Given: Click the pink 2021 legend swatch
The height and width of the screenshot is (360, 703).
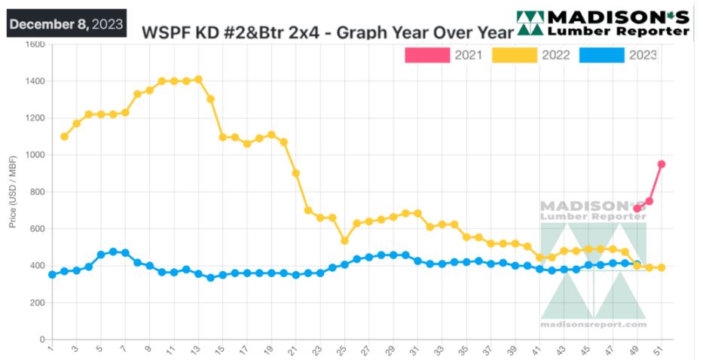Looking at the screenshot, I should pyautogui.click(x=426, y=54).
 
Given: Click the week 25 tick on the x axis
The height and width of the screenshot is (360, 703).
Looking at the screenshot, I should pyautogui.click(x=344, y=349).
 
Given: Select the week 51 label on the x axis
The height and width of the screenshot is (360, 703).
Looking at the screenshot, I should pyautogui.click(x=661, y=349).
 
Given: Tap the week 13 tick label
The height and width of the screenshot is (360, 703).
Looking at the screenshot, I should pyautogui.click(x=197, y=349).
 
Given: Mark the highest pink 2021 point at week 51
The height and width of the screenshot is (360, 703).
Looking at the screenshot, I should pyautogui.click(x=662, y=164).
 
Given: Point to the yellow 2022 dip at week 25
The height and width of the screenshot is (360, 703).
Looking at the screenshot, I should pyautogui.click(x=344, y=241).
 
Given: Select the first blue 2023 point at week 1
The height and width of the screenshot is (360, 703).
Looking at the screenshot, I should pyautogui.click(x=52, y=275).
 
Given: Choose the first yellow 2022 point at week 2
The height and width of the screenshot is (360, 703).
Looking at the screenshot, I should pyautogui.click(x=64, y=136).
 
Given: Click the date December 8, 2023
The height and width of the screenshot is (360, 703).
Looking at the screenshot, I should pyautogui.click(x=66, y=24).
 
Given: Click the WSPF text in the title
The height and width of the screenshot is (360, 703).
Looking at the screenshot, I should pyautogui.click(x=167, y=33).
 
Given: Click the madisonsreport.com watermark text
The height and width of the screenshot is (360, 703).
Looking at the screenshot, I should pyautogui.click(x=593, y=325).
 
